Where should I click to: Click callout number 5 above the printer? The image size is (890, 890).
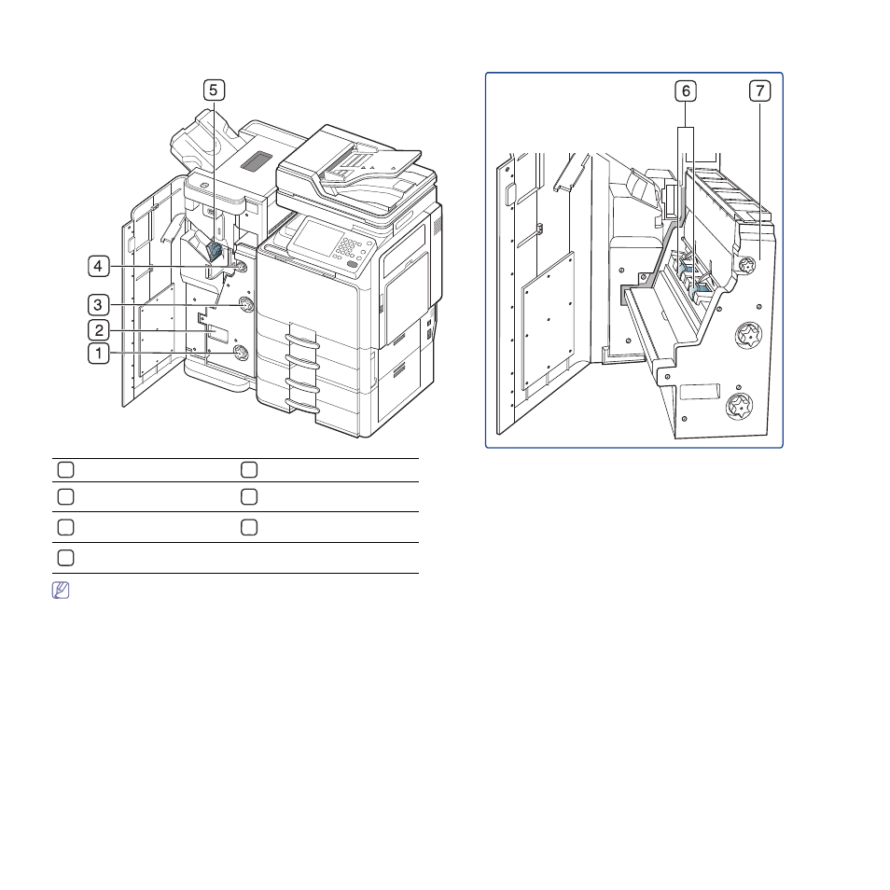[214, 90]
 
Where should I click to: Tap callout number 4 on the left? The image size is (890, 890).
[99, 266]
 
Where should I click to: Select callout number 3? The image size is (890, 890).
[98, 305]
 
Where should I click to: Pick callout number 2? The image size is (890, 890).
[99, 330]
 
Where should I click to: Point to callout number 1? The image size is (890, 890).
[99, 354]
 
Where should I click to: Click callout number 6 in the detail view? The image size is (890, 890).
[686, 90]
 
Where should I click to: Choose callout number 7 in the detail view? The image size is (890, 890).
[760, 90]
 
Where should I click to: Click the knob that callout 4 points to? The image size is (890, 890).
[240, 266]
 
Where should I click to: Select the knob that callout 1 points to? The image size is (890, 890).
[241, 354]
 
